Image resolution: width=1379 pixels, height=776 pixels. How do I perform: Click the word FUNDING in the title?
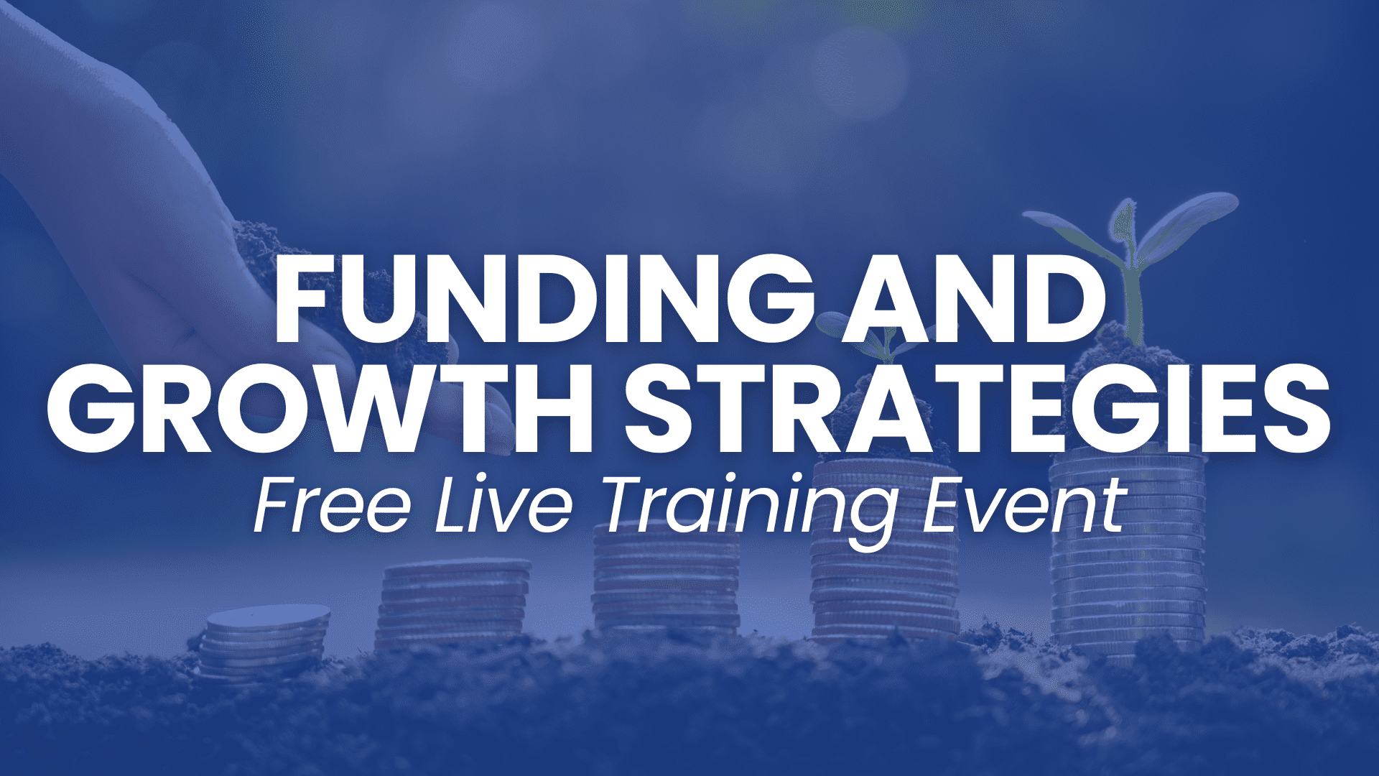click(544, 298)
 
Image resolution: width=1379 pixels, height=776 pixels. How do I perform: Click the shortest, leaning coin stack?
click(264, 643)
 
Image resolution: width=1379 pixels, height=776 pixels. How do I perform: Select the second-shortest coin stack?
click(452, 604)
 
